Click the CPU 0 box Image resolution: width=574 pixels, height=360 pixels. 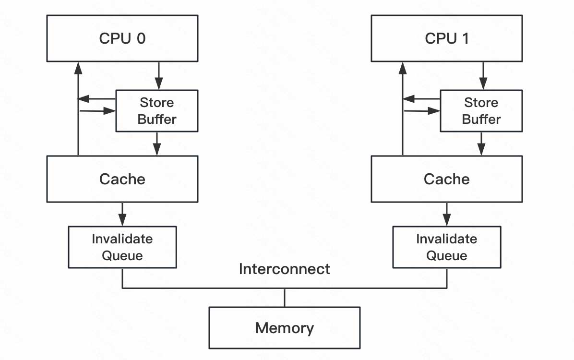coord(122,38)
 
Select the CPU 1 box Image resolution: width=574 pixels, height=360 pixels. coord(446,38)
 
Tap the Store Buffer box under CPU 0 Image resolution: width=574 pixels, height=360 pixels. coord(156,111)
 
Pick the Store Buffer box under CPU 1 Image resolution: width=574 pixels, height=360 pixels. coord(481,111)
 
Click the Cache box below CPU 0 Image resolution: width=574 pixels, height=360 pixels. coord(122,179)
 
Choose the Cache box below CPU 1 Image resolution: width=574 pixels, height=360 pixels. coord(446,179)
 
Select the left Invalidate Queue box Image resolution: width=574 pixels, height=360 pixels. coord(122,247)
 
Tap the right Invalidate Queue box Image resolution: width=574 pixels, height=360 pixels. coord(446,247)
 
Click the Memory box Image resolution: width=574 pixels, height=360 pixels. coord(284,328)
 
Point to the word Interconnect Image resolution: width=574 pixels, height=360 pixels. coord(284,269)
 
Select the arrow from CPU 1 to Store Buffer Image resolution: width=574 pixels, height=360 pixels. coord(483,76)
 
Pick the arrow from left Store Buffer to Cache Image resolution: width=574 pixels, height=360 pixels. coord(157,144)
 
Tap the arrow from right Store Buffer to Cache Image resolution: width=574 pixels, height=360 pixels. coord(481,144)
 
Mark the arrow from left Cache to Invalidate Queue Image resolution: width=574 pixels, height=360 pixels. coord(122,214)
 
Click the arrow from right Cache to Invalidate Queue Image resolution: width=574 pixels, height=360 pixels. coord(447,214)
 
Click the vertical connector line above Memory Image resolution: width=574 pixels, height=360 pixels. coord(285,298)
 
